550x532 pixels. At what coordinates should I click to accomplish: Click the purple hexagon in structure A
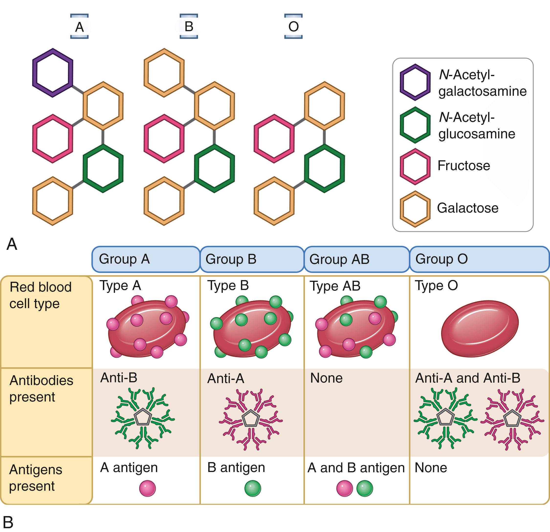click(53, 73)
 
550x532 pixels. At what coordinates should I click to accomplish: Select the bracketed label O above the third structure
click(294, 26)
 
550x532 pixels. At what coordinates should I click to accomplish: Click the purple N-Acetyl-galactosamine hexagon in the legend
click(415, 82)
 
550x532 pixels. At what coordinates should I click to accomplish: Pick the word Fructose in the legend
click(463, 165)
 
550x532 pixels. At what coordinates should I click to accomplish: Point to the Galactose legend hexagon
click(415, 209)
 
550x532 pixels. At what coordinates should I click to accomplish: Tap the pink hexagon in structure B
click(164, 138)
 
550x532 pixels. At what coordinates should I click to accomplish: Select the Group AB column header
click(357, 259)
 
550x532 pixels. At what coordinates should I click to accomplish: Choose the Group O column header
click(479, 259)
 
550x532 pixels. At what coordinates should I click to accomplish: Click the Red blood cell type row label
click(41, 295)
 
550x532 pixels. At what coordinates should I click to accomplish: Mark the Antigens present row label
click(36, 478)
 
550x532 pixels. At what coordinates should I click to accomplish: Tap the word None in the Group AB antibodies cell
click(326, 378)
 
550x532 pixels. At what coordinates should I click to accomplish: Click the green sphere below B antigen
click(253, 488)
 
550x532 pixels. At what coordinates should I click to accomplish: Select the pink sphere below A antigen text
click(147, 488)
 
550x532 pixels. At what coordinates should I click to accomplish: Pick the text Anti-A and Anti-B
click(467, 378)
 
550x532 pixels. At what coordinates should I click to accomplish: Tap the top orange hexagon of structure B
click(164, 73)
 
